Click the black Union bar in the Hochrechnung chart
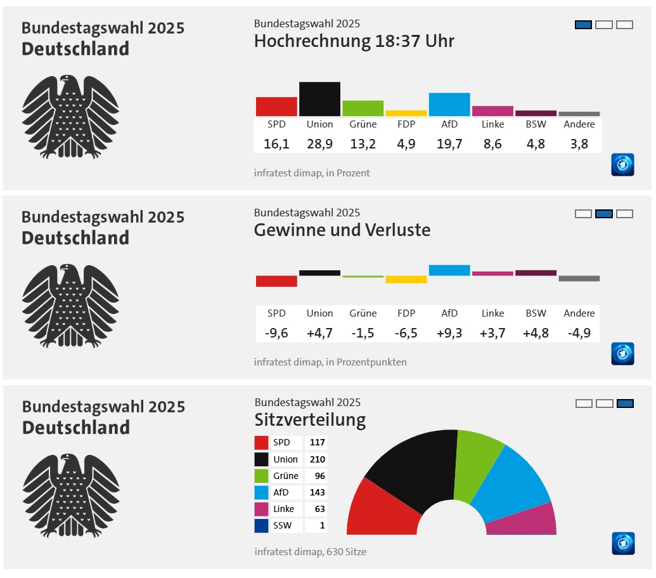[319, 99]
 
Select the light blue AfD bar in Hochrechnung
[449, 104]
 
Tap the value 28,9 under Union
[319, 144]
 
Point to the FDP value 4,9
[406, 144]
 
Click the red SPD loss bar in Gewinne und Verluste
[276, 281]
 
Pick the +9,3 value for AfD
[449, 333]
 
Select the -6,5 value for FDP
[406, 333]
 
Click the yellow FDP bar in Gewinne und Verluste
[406, 279]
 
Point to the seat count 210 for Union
[317, 459]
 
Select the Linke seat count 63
[317, 509]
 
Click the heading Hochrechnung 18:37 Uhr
[354, 42]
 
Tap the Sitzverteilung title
[310, 420]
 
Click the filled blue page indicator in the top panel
[583, 25]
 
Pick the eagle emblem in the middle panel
[70, 305]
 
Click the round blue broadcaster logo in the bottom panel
[622, 543]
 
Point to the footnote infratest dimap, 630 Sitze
[310, 552]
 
